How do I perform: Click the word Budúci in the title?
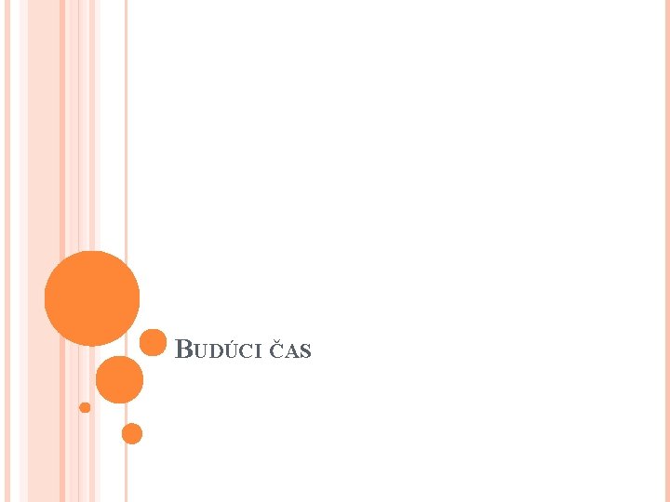[220, 350]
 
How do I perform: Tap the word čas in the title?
[290, 350]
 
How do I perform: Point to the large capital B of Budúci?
[184, 350]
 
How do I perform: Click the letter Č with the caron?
[276, 351]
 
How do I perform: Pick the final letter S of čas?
[305, 352]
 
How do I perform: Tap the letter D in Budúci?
[215, 352]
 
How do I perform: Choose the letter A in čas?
[291, 352]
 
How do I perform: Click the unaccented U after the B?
[200, 352]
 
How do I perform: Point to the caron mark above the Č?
[276, 343]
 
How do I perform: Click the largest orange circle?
[92, 298]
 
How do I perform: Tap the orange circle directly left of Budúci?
[153, 342]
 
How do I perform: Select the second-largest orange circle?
[120, 379]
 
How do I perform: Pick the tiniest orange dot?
[85, 407]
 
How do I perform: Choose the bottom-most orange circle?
[132, 433]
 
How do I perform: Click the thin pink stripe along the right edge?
[666, 251]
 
